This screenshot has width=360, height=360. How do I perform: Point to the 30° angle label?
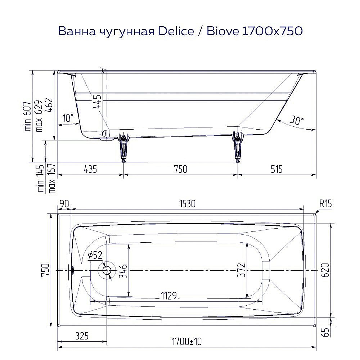coord(296,121)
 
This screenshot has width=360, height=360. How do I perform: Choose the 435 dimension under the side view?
coord(90,169)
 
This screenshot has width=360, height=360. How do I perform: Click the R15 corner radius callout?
coord(325,204)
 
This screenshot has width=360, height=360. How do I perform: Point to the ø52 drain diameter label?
coord(95,255)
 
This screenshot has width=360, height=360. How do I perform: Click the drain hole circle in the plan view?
coord(107,270)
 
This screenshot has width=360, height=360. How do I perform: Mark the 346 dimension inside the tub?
coord(123,270)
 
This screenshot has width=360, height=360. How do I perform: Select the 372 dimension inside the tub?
coord(241,270)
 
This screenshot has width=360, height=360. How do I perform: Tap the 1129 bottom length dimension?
coord(168,296)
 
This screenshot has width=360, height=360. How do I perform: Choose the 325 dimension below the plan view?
coord(82,336)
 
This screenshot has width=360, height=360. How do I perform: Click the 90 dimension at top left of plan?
coord(64,204)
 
